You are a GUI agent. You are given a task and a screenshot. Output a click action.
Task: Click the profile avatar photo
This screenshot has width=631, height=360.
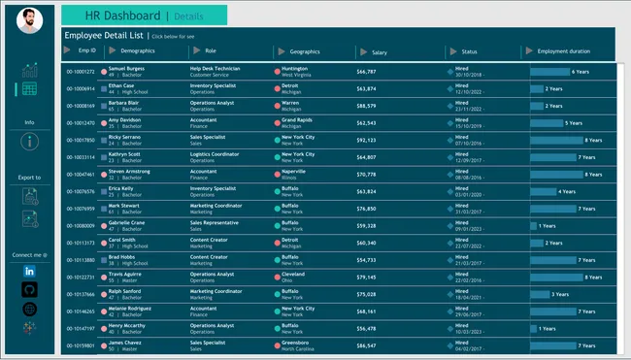coord(29,18)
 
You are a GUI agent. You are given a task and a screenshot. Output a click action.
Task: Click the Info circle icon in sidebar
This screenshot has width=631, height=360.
coord(29,142)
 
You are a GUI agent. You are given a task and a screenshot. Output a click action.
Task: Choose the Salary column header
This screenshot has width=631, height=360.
coord(380,51)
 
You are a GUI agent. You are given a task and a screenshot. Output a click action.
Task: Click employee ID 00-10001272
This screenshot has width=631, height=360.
coord(81,72)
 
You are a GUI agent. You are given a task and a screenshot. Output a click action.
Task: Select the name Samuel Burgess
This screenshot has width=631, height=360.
coord(127,69)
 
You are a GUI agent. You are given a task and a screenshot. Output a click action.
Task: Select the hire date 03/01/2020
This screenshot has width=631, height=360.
coord(469,192)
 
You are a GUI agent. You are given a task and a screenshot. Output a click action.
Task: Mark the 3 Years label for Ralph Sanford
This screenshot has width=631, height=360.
coord(560,294)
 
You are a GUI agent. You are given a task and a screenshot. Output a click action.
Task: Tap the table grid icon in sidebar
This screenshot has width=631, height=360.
coord(29,89)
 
